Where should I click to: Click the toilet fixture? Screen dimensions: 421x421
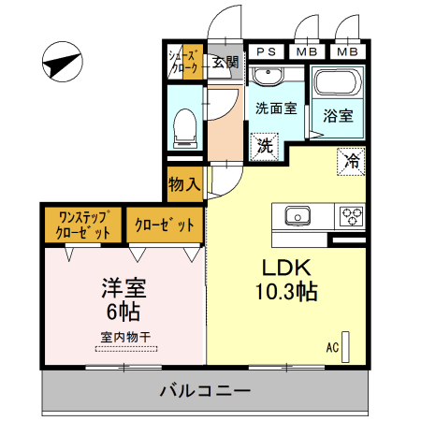click(x=185, y=125)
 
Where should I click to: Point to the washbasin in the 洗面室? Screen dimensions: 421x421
click(x=273, y=75)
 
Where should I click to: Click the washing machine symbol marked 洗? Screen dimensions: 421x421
click(x=266, y=146)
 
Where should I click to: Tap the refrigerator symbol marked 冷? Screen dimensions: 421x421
click(x=351, y=160)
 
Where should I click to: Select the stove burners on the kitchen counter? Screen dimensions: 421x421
click(x=351, y=215)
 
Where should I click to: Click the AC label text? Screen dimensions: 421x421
click(x=332, y=348)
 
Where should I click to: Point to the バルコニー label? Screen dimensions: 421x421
click(x=204, y=390)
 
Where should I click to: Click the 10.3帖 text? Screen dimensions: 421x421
click(x=287, y=291)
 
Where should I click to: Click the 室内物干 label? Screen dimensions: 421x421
click(x=123, y=337)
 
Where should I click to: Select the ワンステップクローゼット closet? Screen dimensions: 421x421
click(x=84, y=225)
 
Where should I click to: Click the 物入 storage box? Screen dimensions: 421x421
click(x=184, y=182)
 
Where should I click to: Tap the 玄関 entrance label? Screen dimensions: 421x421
click(x=225, y=63)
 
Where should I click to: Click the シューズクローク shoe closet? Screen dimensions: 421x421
click(x=184, y=63)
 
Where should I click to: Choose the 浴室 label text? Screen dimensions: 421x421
click(x=338, y=116)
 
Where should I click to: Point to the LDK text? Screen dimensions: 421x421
click(x=286, y=264)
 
